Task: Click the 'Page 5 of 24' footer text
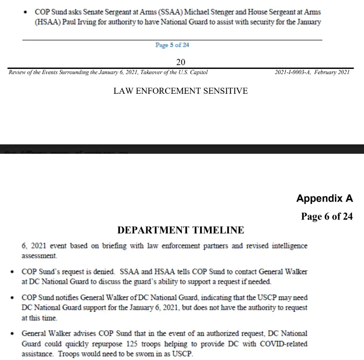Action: click(x=172, y=45)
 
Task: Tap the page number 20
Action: click(x=181, y=62)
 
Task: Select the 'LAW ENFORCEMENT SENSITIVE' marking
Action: click(x=180, y=90)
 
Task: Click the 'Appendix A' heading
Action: click(x=324, y=198)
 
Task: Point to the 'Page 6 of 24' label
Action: click(x=327, y=217)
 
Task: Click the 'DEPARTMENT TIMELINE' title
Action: click(x=180, y=230)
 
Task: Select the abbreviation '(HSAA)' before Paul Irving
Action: click(x=34, y=22)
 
